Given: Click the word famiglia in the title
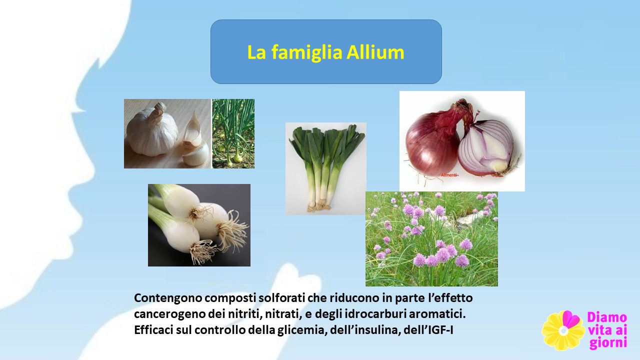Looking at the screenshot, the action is click(306, 53).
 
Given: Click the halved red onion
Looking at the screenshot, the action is click(487, 148).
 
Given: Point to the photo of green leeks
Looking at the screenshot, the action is click(325, 168).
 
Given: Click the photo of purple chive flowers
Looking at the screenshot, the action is click(431, 239).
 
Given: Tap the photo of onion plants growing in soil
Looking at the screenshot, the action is click(233, 133).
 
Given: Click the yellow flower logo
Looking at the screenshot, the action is click(563, 330).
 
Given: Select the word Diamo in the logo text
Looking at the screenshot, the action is click(607, 317).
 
